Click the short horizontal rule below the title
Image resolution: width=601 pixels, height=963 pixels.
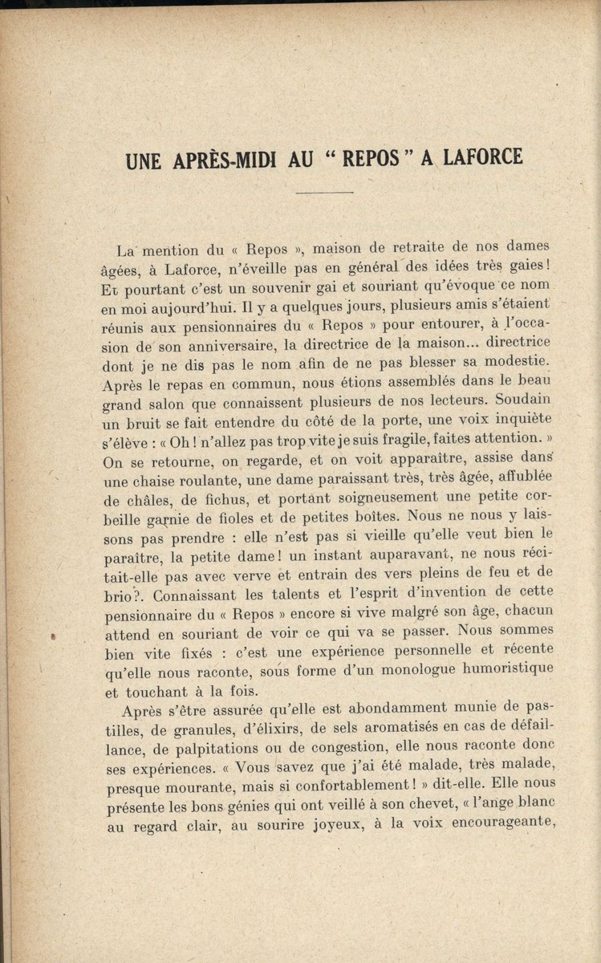click(x=324, y=193)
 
